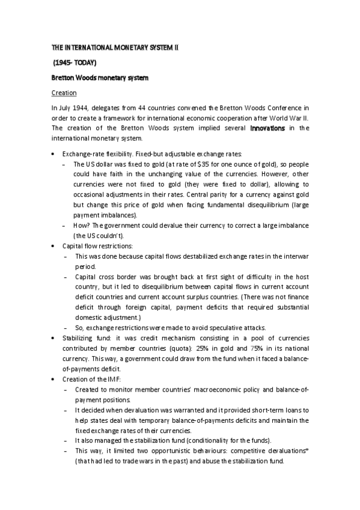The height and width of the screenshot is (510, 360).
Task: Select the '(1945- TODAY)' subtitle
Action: pyautogui.click(x=74, y=62)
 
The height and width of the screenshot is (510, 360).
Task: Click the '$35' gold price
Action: pyautogui.click(x=178, y=163)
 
